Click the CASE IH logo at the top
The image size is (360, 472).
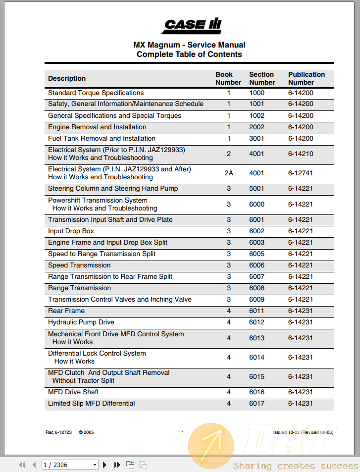click(x=193, y=25)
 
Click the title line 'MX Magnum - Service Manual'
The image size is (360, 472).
click(x=189, y=45)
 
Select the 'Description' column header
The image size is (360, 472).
click(x=67, y=78)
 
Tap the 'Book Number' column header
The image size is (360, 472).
click(x=228, y=78)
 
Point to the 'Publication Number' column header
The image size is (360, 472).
click(x=306, y=78)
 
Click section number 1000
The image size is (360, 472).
click(x=257, y=93)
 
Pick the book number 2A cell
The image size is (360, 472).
click(x=228, y=173)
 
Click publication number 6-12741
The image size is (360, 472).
click(x=301, y=173)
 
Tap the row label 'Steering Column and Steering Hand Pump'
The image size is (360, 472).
click(x=113, y=189)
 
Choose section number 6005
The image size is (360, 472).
click(x=257, y=254)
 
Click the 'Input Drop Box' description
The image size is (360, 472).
click(x=71, y=231)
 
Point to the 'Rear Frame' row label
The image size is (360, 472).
click(x=66, y=311)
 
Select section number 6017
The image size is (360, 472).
click(x=257, y=404)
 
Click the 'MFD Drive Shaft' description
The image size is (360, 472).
click(x=73, y=392)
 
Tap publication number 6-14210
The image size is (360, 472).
click(x=301, y=154)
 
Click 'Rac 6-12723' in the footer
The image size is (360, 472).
click(x=58, y=432)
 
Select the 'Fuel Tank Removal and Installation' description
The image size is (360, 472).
click(x=102, y=139)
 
